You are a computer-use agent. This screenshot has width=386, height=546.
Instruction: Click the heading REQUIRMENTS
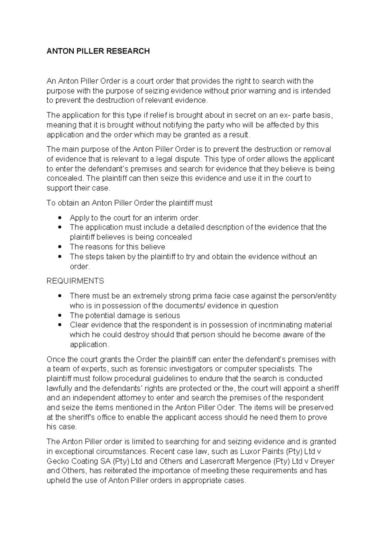coord(75,281)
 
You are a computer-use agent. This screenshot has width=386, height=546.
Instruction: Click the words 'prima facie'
coord(212,296)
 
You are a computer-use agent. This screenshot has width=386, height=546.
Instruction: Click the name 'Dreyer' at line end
coord(323,461)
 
